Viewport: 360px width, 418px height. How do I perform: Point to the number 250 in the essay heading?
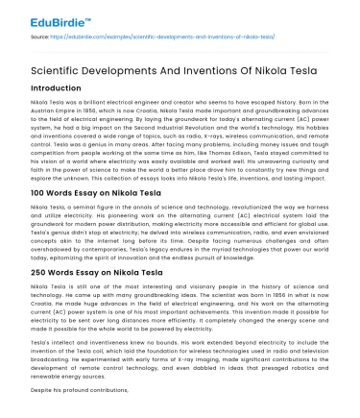pyautogui.click(x=39, y=300)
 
